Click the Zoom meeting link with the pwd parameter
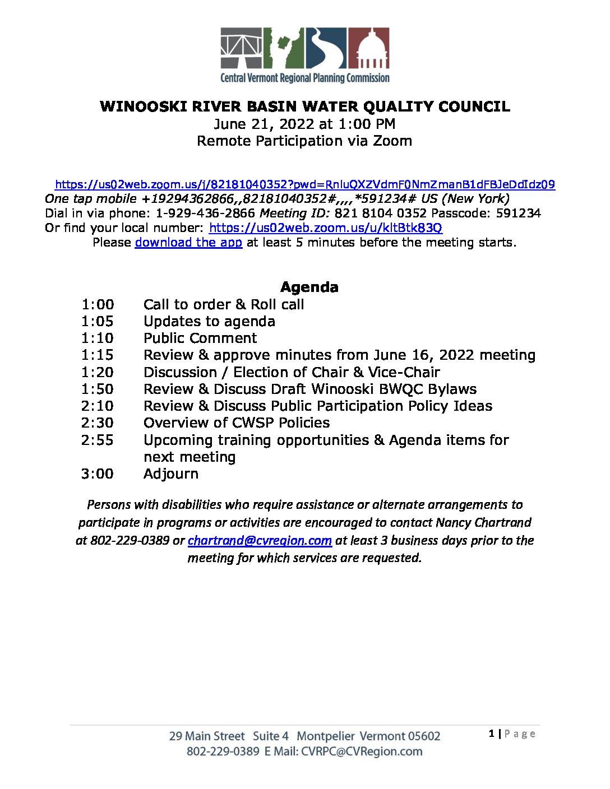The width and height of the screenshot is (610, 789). pos(305,184)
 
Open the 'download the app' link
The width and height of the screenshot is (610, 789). pos(188,243)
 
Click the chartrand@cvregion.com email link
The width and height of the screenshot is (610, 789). pos(260,541)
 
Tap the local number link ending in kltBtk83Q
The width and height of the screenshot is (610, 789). pos(325,228)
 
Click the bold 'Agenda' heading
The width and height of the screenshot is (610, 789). pos(309,287)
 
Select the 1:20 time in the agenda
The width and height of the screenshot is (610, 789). pos(97,373)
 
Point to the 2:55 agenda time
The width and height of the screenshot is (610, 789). pos(97,440)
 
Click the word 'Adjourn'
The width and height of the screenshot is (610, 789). pos(171,474)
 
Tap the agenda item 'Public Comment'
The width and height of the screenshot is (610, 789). pos(200,338)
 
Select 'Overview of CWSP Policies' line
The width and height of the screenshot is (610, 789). pos(237,423)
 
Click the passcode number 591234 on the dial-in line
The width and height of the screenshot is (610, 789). pos(518,214)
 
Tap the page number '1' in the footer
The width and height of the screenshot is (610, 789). pos(492,734)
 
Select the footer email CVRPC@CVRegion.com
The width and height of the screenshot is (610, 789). pos(362,751)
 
